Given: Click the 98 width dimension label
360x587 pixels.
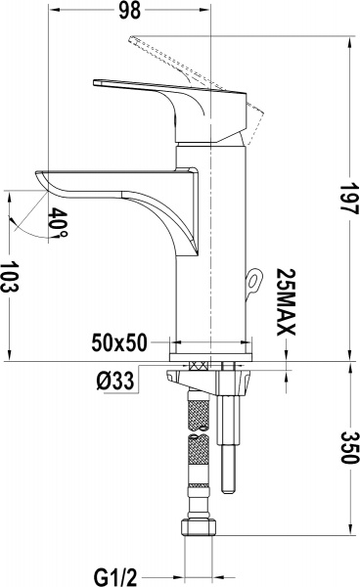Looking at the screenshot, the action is (x=130, y=10).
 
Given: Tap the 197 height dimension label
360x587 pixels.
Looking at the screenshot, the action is (x=348, y=198).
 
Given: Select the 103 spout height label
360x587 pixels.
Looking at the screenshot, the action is (x=10, y=278).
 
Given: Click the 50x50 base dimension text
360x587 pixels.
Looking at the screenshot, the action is (x=119, y=342).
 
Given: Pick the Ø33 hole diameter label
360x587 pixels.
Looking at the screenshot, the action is (x=114, y=382).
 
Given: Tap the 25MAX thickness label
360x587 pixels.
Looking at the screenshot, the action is (x=287, y=301).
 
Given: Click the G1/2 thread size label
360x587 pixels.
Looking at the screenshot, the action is (x=115, y=576).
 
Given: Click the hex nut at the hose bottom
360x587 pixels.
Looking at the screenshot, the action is (x=199, y=526).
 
